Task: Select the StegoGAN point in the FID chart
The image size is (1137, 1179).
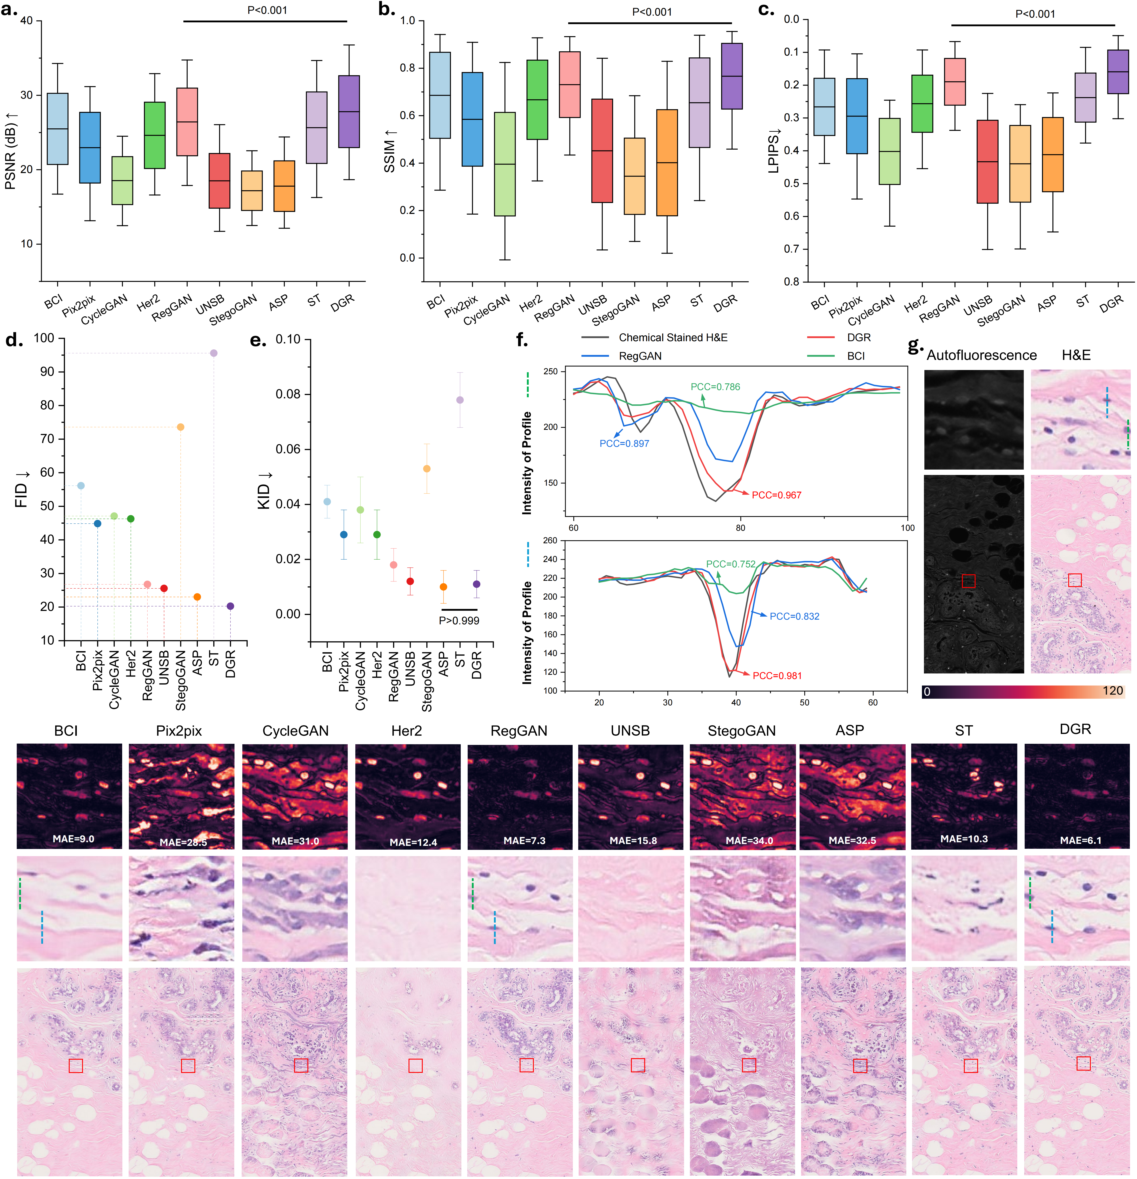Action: (180, 427)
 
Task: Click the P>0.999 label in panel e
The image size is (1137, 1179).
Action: (459, 621)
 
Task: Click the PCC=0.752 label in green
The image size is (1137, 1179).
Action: (730, 564)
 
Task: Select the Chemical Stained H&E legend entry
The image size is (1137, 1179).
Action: (673, 337)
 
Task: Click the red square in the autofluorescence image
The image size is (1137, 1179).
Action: (968, 581)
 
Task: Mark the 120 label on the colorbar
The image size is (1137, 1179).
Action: (1112, 691)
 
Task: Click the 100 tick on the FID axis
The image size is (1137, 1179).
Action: (44, 338)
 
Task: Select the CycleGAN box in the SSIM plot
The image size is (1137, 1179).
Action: (505, 164)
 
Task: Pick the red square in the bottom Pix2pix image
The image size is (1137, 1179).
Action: (188, 1066)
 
